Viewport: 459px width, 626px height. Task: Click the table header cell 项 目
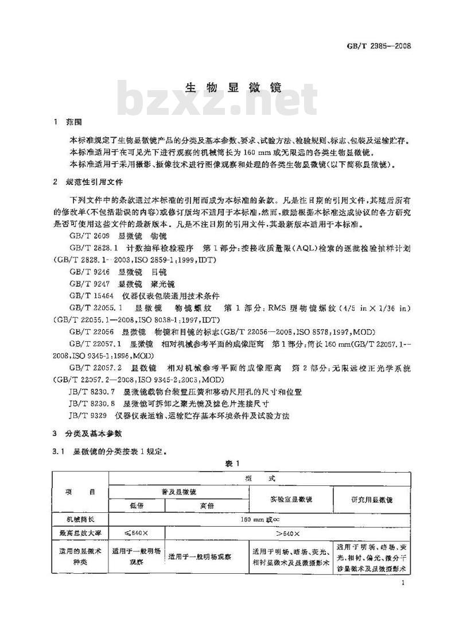[80, 493]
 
